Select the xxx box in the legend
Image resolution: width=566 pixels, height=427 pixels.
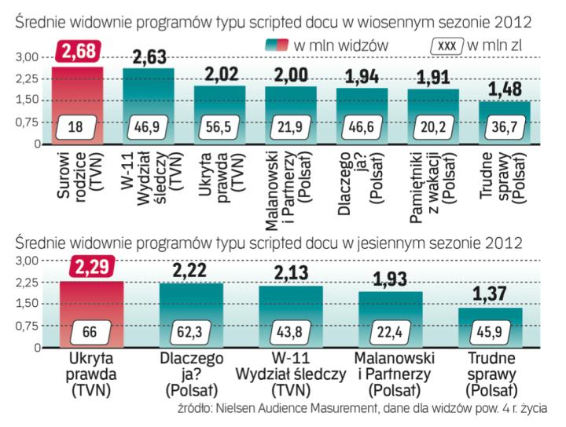(x=446, y=44)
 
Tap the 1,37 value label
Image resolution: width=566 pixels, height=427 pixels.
(x=491, y=294)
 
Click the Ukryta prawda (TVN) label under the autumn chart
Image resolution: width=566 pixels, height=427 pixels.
(x=92, y=373)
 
